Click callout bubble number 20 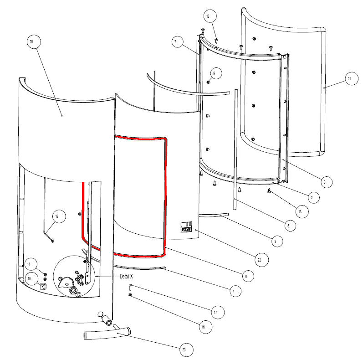point(31,42)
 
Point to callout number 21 point(349,79)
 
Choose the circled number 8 point(324,181)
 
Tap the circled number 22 point(259,260)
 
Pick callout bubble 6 point(245,276)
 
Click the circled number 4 point(233,291)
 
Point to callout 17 point(215,313)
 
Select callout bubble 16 point(203,327)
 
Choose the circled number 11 point(28,264)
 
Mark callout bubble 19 point(30,279)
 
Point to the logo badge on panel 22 point(186,226)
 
